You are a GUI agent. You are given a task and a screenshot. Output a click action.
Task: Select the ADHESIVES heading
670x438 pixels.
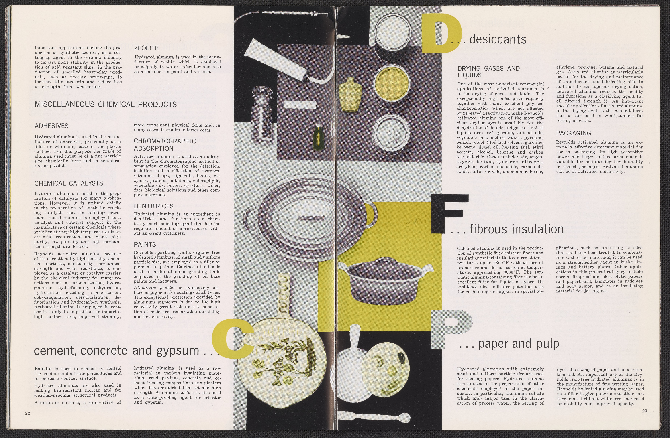coord(51,126)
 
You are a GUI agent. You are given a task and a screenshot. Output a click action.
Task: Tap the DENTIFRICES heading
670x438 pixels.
coord(154,206)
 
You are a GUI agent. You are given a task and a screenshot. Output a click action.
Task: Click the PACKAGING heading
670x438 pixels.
coord(573,133)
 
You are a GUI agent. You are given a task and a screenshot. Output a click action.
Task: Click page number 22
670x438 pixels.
coord(28,413)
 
